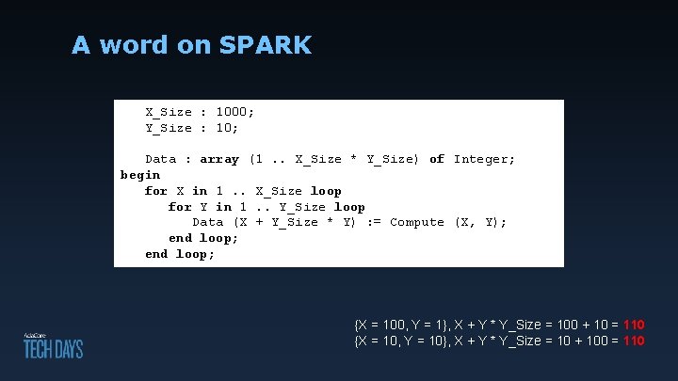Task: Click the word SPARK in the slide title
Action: coord(265,44)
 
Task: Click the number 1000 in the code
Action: coord(232,112)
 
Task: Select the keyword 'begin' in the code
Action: coord(140,175)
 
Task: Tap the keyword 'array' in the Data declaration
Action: coord(219,159)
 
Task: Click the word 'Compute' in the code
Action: coord(417,222)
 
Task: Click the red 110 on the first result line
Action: coord(634,325)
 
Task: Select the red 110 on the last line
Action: coord(634,341)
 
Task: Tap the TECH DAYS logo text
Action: coord(53,349)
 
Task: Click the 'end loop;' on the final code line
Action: coord(180,254)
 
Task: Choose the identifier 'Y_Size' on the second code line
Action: coord(169,128)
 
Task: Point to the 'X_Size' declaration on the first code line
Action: coord(169,112)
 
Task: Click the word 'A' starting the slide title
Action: coord(81,44)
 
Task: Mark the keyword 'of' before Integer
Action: coord(437,159)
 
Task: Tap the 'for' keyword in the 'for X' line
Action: coord(156,191)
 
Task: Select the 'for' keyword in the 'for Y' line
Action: coord(180,207)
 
